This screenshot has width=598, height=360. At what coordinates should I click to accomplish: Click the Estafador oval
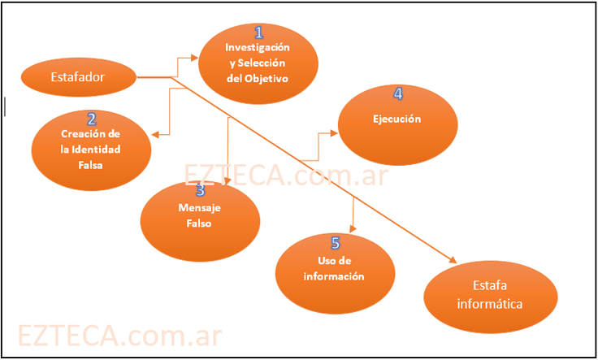78,77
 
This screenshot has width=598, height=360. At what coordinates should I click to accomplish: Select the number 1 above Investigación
259,33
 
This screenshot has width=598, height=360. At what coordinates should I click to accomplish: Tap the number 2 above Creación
91,120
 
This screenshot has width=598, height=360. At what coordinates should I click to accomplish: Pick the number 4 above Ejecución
397,94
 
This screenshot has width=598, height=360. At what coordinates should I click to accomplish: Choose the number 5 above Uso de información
335,243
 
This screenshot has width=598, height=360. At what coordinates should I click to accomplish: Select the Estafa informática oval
491,296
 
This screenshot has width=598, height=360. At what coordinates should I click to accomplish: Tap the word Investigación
257,48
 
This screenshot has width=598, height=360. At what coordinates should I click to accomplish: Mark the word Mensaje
200,208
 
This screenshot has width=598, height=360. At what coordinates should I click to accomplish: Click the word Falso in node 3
200,223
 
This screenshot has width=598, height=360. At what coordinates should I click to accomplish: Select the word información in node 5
333,275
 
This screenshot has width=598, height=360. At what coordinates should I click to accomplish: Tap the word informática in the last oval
490,305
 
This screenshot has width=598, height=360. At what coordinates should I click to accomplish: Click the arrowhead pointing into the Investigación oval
195,58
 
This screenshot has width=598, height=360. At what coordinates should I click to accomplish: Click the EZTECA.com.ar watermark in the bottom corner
119,336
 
